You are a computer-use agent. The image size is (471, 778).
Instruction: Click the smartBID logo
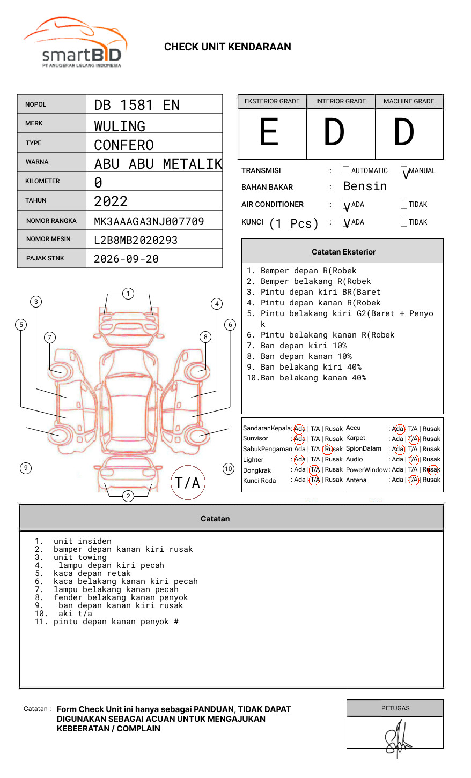75,43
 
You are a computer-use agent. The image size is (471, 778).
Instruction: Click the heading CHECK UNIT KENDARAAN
227,47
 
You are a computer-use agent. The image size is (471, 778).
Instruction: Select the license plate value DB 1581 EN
137,105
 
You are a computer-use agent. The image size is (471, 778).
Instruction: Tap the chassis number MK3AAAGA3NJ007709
149,221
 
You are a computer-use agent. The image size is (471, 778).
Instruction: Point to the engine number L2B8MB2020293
136,240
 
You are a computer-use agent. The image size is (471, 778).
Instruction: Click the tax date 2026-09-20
126,259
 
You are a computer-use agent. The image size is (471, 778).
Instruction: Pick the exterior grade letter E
269,132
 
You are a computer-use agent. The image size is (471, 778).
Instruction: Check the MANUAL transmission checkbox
404,171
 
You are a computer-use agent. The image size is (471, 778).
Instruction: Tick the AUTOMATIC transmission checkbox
346,171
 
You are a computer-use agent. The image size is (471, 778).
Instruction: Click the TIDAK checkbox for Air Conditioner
404,205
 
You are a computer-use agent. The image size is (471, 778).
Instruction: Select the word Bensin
365,186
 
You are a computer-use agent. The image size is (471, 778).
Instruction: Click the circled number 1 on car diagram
128,294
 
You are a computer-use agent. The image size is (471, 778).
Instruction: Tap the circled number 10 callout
229,469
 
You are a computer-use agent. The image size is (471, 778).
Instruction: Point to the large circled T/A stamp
188,483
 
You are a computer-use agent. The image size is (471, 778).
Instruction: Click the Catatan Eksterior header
343,252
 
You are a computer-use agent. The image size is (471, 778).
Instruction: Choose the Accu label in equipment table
354,428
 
